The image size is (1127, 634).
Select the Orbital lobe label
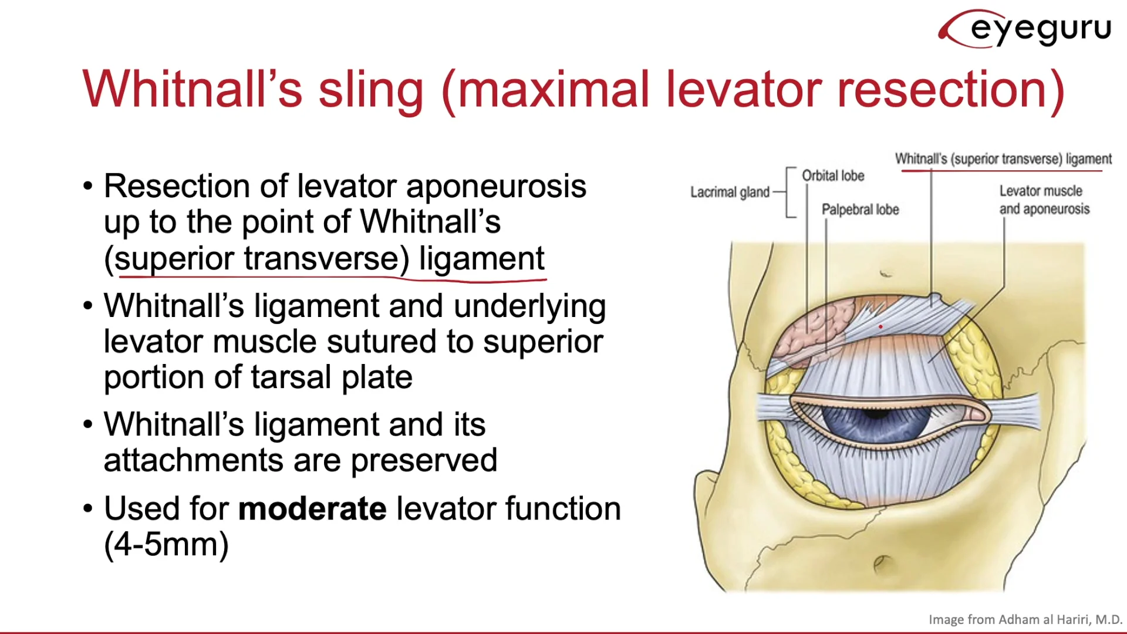point(833,176)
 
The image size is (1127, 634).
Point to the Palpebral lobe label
point(860,210)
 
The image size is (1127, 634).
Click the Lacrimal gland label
point(729,192)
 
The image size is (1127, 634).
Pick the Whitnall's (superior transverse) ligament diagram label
point(1003,159)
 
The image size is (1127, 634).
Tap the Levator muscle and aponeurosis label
point(1044,200)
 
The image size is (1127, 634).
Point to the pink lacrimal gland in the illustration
point(813,329)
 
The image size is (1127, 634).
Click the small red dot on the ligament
point(880,326)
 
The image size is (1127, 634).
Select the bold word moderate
point(312,508)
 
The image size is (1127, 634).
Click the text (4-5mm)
point(166,544)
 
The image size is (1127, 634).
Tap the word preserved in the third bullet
point(424,460)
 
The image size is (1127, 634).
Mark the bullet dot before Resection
point(88,187)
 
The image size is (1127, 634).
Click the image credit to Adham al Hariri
point(1025,619)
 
